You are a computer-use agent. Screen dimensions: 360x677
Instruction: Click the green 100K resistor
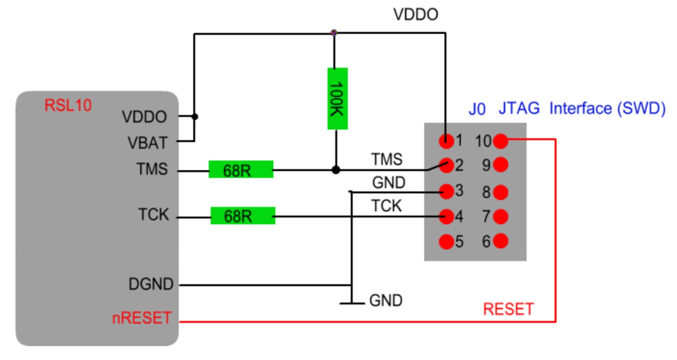coord(337,98)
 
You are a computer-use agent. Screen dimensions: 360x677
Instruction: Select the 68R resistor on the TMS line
coord(240,169)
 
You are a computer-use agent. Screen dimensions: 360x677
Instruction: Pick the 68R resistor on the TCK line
coord(242,216)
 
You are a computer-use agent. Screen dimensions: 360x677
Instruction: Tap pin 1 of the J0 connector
coord(446,141)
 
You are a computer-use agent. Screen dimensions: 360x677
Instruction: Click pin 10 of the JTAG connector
coord(501,141)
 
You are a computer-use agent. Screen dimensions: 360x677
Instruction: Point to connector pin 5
coord(446,242)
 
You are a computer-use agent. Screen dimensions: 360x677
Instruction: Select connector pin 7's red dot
coord(501,216)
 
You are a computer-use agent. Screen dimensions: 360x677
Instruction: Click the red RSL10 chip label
coord(68,105)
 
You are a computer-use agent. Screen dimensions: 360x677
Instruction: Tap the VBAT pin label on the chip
coord(147,143)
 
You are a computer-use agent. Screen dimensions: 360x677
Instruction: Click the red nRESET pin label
coord(142,318)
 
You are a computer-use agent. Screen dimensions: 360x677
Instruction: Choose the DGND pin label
coord(151,284)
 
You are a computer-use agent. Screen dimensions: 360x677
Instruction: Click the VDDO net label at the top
coord(415,15)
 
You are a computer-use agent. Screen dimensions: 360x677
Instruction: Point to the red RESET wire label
coord(508,309)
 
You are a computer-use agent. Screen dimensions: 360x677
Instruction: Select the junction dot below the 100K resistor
coord(336,170)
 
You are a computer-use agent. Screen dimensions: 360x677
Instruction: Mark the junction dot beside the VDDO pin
coord(194,116)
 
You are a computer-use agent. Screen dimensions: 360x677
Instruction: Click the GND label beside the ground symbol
coord(386,300)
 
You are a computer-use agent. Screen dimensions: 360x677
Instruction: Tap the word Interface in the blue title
coord(580,108)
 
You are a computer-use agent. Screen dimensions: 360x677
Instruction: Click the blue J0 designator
coord(477,109)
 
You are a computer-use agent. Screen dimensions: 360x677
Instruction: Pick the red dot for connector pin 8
coord(501,192)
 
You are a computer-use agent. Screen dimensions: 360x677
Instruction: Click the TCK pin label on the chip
coord(153,214)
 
